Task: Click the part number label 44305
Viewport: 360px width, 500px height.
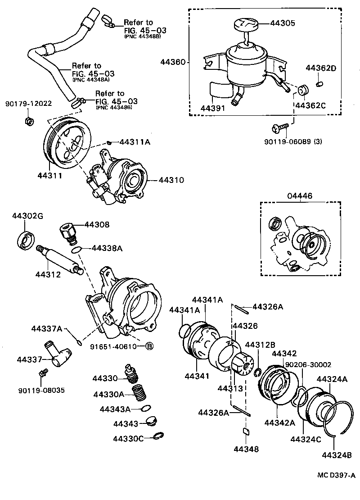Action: [283, 23]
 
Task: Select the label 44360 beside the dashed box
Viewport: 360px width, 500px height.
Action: [172, 62]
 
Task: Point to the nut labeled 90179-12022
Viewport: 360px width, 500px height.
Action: [27, 121]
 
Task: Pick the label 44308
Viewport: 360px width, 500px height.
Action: [97, 224]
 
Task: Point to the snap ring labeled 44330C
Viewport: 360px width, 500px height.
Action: [159, 436]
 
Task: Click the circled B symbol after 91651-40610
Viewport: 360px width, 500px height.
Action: [149, 346]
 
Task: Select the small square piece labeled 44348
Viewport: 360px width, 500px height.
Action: [246, 431]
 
